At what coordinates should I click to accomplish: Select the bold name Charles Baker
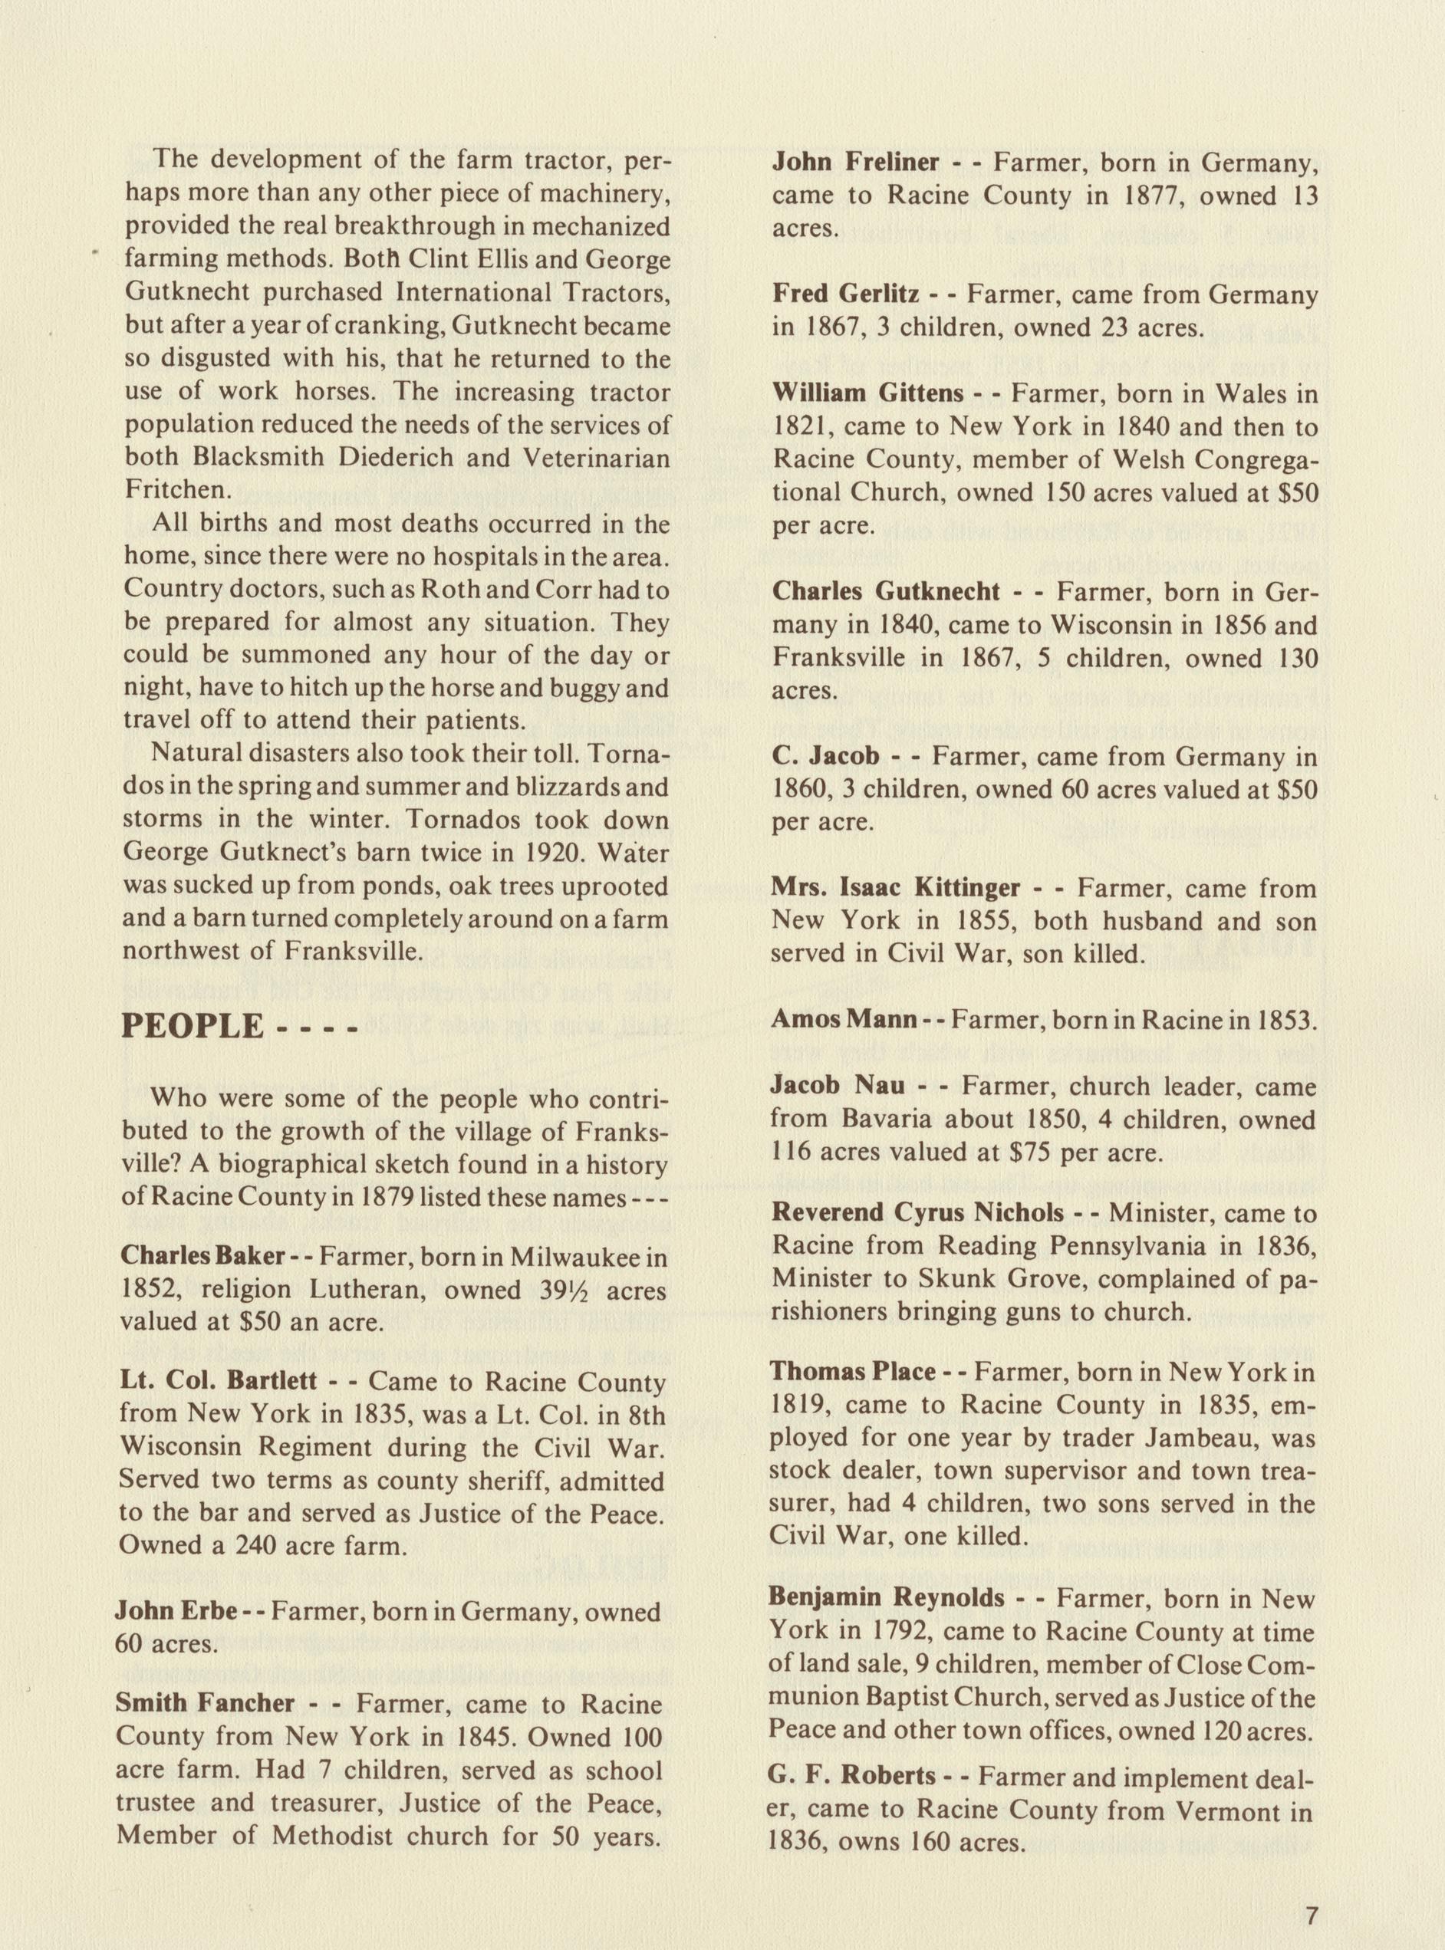(x=203, y=1256)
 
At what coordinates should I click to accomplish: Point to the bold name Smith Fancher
(x=206, y=1703)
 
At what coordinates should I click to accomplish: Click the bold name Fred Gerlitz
(x=845, y=294)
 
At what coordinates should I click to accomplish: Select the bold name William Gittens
(x=867, y=393)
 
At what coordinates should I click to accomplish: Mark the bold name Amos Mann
(x=843, y=1019)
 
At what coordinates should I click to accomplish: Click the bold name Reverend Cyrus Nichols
(x=917, y=1213)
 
